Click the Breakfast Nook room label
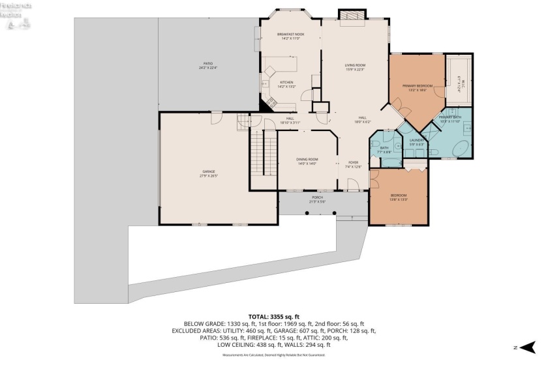point(290,34)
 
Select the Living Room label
point(354,65)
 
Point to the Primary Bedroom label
point(418,85)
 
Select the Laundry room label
point(417,140)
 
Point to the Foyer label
point(353,162)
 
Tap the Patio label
point(206,63)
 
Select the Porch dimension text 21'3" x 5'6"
point(317,202)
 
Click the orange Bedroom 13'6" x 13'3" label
point(399,196)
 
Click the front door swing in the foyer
point(352,187)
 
